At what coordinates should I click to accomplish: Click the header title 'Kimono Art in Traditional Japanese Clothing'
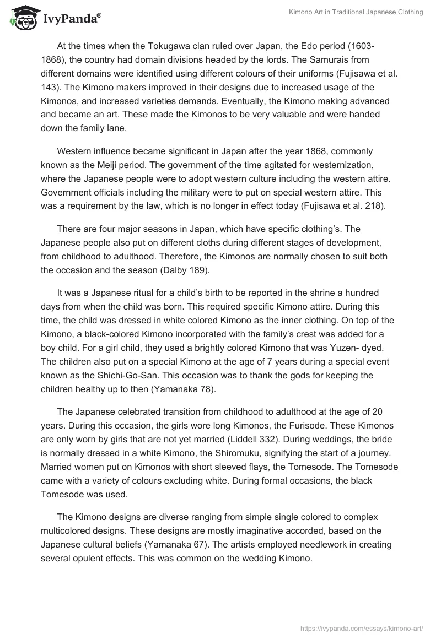click(356, 12)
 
